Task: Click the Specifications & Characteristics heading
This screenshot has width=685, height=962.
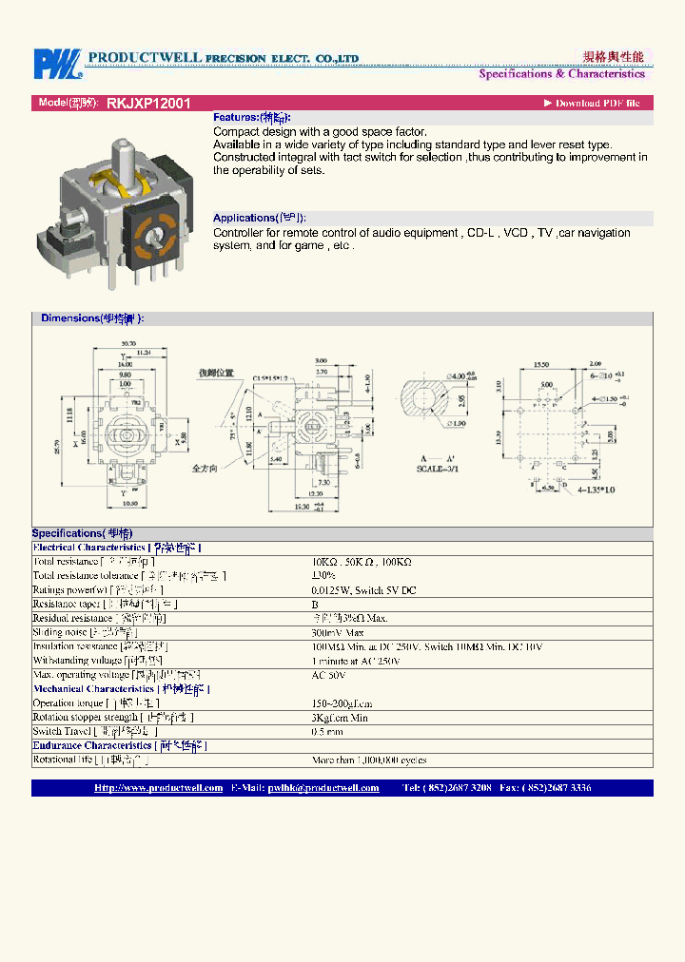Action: coord(561,73)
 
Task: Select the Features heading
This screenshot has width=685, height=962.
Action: coord(251,117)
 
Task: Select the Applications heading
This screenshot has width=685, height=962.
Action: coord(260,218)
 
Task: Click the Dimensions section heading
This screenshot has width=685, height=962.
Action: coord(92,318)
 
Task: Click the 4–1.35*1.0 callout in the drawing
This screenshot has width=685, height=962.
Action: coord(597,490)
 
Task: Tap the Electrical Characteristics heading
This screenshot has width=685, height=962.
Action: coord(116,548)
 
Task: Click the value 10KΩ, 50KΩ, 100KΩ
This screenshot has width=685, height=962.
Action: coord(362,562)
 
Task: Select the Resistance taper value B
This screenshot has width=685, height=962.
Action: coord(315,604)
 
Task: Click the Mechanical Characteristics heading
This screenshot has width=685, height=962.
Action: coord(121,688)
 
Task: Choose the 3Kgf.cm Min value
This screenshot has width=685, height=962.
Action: coord(342,717)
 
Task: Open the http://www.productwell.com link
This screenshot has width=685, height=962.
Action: coord(159,788)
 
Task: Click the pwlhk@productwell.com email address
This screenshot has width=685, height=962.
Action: coord(323,788)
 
